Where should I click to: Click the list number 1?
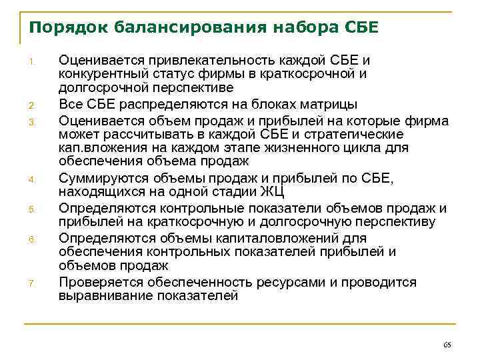[x=31, y=63]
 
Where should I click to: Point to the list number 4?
[x=31, y=179]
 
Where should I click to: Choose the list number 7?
[x=31, y=284]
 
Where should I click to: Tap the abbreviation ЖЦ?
[x=274, y=191]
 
